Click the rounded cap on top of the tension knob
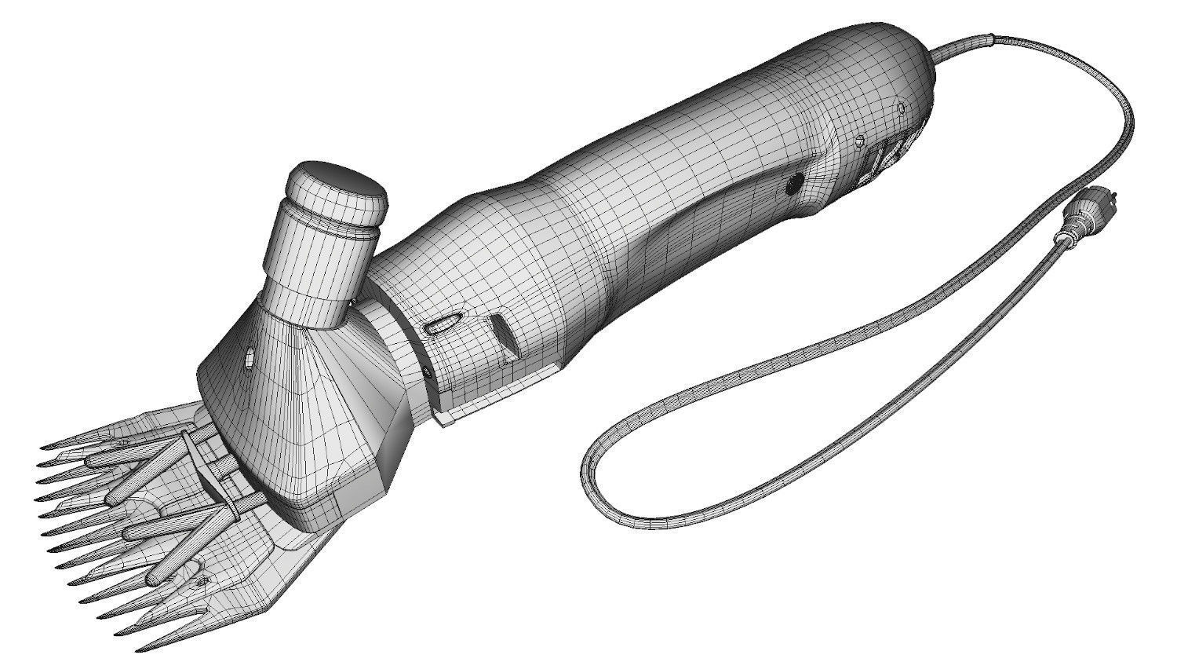click(336, 188)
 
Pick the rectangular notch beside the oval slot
click(502, 333)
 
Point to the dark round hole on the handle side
click(793, 185)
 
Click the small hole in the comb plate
click(205, 580)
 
